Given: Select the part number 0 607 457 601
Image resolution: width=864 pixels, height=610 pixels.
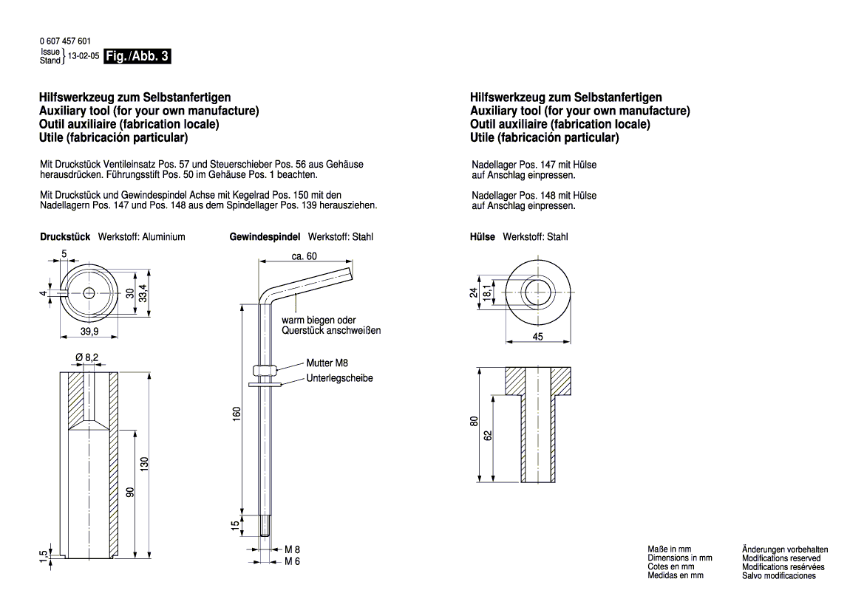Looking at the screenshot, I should click(66, 41).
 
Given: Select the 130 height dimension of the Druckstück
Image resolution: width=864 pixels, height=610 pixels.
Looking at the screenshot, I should click(145, 464).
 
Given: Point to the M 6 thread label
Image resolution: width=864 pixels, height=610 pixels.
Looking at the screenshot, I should click(293, 561).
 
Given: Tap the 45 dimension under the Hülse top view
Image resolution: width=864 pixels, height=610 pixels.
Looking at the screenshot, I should click(538, 336).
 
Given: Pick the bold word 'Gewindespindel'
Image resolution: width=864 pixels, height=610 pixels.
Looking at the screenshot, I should click(265, 237).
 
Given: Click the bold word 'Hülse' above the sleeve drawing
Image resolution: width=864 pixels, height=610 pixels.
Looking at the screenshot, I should click(483, 237).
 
